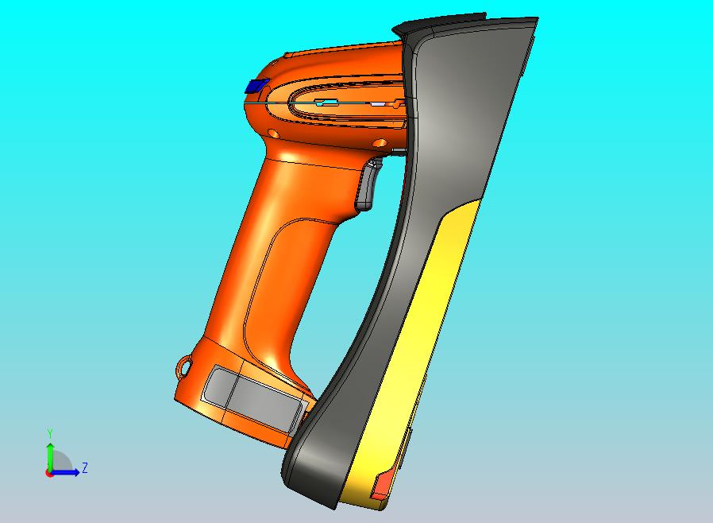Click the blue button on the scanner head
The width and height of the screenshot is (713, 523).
point(256,86)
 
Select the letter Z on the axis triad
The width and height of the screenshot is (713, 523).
point(84,468)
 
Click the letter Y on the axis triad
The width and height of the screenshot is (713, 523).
point(50,433)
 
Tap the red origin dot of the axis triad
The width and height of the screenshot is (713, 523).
point(49,473)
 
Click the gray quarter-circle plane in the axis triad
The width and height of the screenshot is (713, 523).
point(60,463)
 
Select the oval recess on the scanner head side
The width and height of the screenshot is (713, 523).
point(349,103)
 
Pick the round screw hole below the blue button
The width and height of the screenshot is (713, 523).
point(273,133)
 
